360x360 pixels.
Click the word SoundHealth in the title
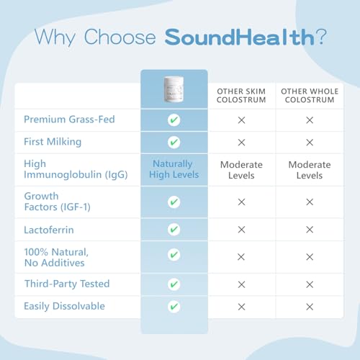pos(240,37)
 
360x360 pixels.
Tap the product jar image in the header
pos(174,89)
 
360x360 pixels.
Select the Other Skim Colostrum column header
pos(241,96)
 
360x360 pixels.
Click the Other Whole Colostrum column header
pos(310,96)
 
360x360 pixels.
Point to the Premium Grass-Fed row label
pos(69,120)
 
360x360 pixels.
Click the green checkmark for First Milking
pos(174,143)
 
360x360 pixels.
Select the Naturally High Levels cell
pos(174,169)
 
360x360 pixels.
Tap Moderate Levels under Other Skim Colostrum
pos(241,170)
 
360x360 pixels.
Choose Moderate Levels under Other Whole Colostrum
pos(310,170)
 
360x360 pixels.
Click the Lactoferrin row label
pos(49,230)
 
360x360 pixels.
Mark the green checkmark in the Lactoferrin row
pos(174,229)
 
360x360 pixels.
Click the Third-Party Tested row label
pos(67,284)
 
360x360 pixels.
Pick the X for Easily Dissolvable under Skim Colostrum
pos(241,307)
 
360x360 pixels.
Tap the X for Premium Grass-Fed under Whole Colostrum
pos(310,120)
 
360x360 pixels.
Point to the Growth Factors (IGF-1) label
pos(57,202)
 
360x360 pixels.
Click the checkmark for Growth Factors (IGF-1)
pos(174,202)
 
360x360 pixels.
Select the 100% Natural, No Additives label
pos(56,257)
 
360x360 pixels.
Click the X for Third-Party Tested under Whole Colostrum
pos(310,284)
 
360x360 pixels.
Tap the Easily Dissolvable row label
pos(64,307)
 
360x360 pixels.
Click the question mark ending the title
pos(321,37)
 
